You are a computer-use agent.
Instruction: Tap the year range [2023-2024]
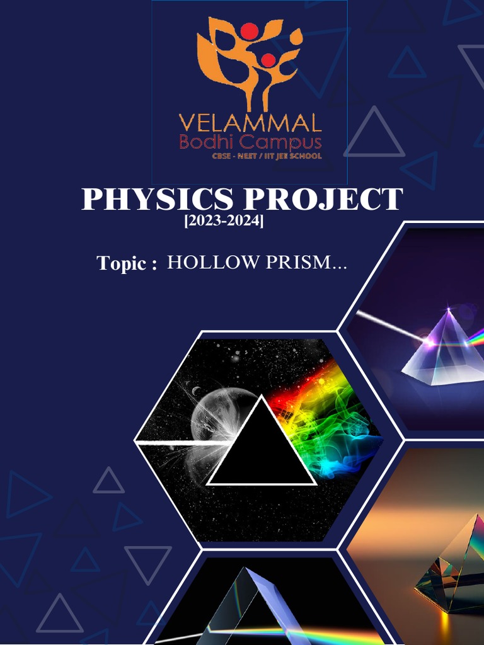click(224, 222)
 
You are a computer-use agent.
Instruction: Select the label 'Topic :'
click(127, 263)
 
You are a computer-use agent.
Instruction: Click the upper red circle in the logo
click(250, 30)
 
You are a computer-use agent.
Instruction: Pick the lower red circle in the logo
click(268, 60)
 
